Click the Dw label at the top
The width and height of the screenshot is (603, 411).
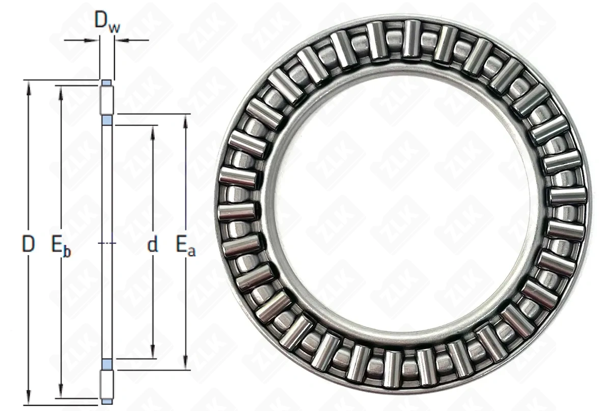107,22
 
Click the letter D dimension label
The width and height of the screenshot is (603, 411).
28,244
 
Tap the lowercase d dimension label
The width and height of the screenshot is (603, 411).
153,244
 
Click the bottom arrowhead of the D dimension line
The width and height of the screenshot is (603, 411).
28,398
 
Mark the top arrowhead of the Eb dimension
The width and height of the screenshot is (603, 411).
61,92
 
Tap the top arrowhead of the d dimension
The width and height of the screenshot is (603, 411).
153,132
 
